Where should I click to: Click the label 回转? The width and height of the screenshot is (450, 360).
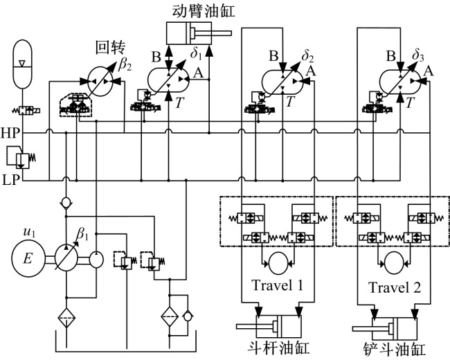tap(110, 49)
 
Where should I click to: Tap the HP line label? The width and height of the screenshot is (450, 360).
tap(10, 132)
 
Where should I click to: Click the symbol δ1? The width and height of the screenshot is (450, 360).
tap(197, 52)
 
